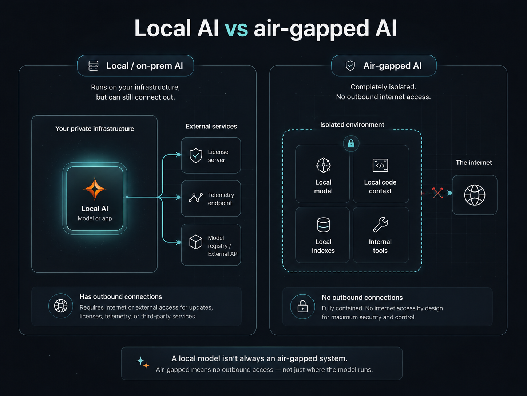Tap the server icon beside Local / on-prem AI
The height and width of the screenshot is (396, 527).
pos(94,66)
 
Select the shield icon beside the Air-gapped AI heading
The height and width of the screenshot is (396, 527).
pos(350,65)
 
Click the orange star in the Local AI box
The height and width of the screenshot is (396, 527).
pos(95,189)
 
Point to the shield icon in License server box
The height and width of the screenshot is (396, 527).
pos(196,155)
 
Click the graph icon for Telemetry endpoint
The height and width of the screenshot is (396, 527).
pos(196,197)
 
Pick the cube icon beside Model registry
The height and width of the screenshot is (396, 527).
pos(196,242)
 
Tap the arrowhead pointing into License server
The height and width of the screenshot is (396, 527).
pos(178,155)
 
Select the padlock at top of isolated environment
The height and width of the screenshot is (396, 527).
pos(351,144)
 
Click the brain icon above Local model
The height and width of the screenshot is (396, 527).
pos(324,165)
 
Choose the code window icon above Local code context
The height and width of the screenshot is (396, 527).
pos(380,165)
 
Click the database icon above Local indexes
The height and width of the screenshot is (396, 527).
pos(324,225)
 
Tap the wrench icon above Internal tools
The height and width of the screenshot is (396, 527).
pos(380,225)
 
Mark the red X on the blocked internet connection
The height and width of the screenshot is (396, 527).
pos(438,193)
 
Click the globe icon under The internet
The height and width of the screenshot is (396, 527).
pos(475,195)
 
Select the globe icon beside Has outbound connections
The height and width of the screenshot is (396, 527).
pos(61,306)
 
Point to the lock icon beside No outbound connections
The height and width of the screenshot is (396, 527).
pos(302,307)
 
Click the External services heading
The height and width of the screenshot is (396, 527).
pos(211,126)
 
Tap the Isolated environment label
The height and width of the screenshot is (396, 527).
pos(352,125)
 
